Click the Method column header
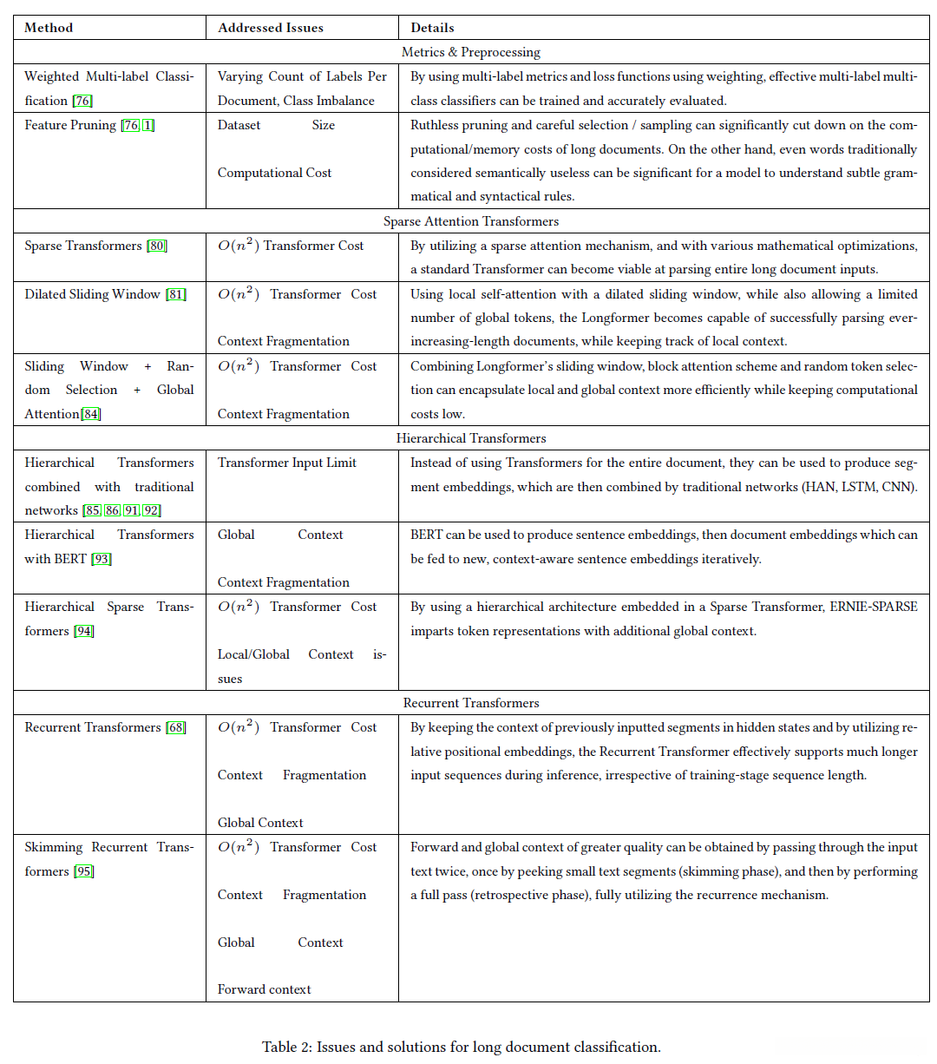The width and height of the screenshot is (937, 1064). (49, 28)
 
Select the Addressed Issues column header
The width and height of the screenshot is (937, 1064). (270, 28)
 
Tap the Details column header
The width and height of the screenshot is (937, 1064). (432, 28)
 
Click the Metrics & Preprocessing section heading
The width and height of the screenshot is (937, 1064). (470, 52)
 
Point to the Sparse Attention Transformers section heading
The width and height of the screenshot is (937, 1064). (470, 221)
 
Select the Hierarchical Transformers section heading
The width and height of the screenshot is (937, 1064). (470, 438)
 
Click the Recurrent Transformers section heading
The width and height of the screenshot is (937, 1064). (470, 703)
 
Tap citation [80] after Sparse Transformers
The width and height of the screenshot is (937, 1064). (157, 246)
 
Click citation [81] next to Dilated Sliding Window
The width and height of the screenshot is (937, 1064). (175, 294)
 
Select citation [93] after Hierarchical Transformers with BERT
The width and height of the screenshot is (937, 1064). (102, 559)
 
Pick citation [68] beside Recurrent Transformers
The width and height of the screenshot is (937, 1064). (175, 727)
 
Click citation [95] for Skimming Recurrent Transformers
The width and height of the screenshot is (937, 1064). (83, 871)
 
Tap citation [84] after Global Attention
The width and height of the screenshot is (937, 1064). (91, 414)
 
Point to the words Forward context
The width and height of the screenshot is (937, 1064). (264, 989)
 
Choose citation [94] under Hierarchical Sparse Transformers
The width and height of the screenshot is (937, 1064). (83, 631)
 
